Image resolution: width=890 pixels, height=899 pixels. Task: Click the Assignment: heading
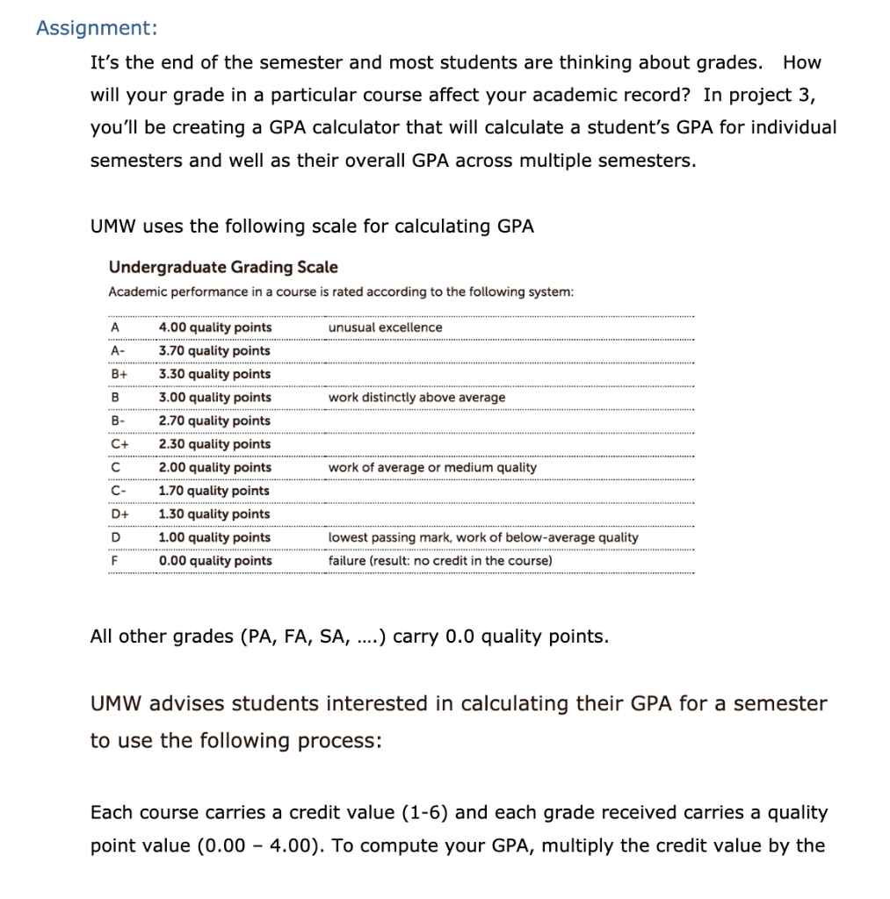[97, 28]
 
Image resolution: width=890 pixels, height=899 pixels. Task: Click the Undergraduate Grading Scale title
[222, 267]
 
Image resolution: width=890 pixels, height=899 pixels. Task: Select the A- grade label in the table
[118, 351]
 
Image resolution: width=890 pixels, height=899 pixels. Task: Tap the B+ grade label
[118, 374]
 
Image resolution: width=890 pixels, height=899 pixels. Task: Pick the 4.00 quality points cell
[215, 327]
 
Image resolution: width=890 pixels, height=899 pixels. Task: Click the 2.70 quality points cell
[215, 421]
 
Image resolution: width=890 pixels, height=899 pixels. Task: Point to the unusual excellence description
[385, 327]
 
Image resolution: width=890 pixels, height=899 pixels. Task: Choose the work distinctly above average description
[416, 398]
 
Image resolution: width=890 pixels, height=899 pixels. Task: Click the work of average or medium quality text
[431, 468]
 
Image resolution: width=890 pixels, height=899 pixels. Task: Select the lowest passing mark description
[483, 537]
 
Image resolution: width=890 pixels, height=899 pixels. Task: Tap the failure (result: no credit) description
[440, 561]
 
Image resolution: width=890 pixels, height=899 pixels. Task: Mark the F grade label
[114, 561]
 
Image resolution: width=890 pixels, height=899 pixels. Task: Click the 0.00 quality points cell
[215, 561]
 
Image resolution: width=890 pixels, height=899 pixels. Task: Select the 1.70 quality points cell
[215, 491]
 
